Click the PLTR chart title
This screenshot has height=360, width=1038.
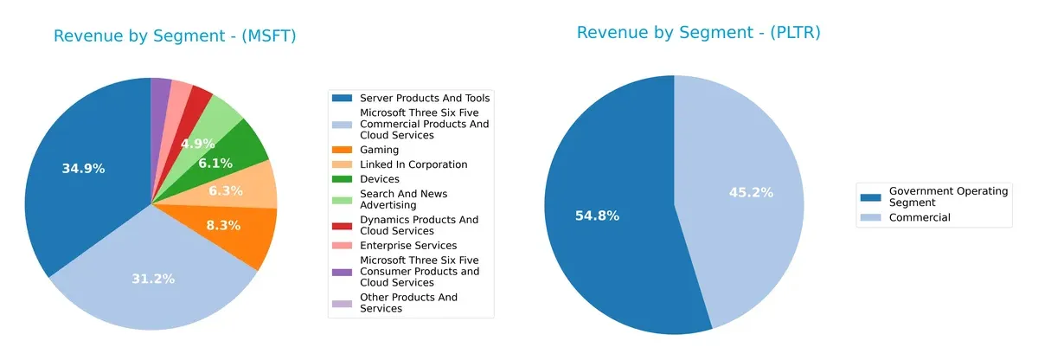[x=698, y=33]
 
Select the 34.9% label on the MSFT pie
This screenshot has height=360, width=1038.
[x=83, y=169]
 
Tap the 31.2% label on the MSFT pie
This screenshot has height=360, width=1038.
[x=152, y=279]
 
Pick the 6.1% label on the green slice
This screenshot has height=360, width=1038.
[x=215, y=163]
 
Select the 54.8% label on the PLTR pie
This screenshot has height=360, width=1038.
[x=597, y=215]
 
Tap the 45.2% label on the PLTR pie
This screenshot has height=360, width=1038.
[x=750, y=192]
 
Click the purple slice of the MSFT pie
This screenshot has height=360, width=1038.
[x=160, y=95]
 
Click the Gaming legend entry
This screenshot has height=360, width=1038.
[x=379, y=150]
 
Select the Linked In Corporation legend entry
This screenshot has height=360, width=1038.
[x=413, y=164]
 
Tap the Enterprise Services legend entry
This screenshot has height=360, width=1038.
[x=407, y=246]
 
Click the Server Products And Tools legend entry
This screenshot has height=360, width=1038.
[x=424, y=98]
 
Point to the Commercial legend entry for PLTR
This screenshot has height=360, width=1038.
[x=919, y=217]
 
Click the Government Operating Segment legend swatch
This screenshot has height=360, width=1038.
[x=871, y=191]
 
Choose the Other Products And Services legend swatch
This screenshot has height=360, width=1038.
[x=343, y=303]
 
